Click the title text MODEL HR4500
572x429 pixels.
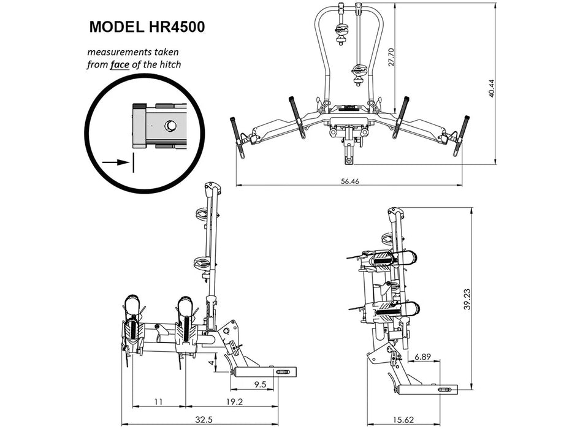click(x=147, y=28)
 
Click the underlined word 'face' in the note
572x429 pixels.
click(x=120, y=64)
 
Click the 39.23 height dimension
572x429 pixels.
click(x=467, y=298)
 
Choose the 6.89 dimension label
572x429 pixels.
click(x=422, y=356)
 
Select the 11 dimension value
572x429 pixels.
click(x=158, y=402)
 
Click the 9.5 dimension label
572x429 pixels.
click(x=259, y=385)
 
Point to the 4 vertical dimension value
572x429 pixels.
click(x=212, y=363)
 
